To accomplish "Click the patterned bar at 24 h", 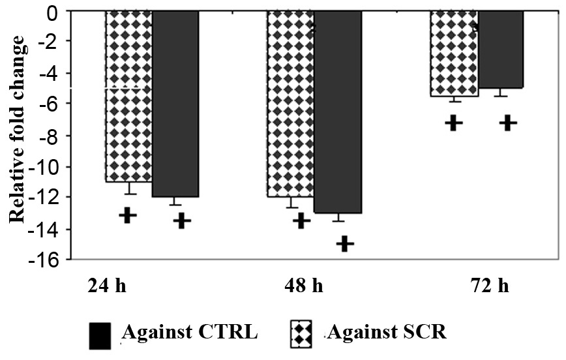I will (128, 97).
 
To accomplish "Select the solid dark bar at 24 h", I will (175, 104).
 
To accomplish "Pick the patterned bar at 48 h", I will (290, 104).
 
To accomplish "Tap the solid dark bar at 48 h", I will (337, 112).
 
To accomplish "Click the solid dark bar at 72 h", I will (501, 50).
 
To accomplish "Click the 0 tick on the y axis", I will (56, 12).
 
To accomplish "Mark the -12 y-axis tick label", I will (48, 198).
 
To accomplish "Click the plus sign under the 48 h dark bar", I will (345, 244).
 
